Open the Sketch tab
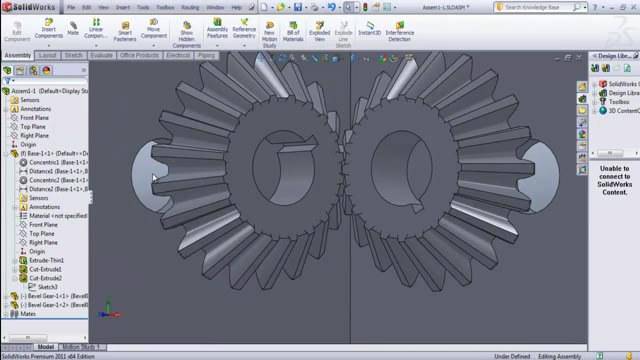(74, 55)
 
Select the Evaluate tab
(102, 55)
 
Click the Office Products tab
(139, 55)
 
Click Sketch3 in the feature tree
(47, 287)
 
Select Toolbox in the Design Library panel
(619, 102)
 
